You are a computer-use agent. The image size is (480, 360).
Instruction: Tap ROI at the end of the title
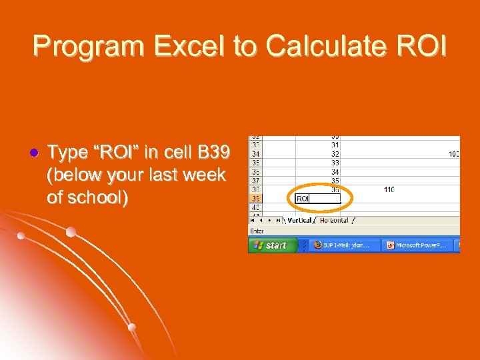pos(422,46)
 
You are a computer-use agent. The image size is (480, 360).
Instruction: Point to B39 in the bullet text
pos(212,153)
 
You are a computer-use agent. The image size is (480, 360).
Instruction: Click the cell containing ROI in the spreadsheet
pos(317,199)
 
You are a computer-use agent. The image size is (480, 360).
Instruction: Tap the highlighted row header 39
pos(255,199)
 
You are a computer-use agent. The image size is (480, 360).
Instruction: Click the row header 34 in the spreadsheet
pos(255,154)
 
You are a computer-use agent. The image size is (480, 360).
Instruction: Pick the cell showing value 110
pos(389,190)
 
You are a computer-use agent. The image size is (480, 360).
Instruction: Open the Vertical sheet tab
pos(299,220)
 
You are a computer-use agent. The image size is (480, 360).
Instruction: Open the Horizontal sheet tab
pos(334,220)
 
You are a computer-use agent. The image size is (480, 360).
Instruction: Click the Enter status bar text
pos(257,231)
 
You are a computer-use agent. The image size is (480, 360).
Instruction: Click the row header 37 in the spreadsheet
pos(255,181)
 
